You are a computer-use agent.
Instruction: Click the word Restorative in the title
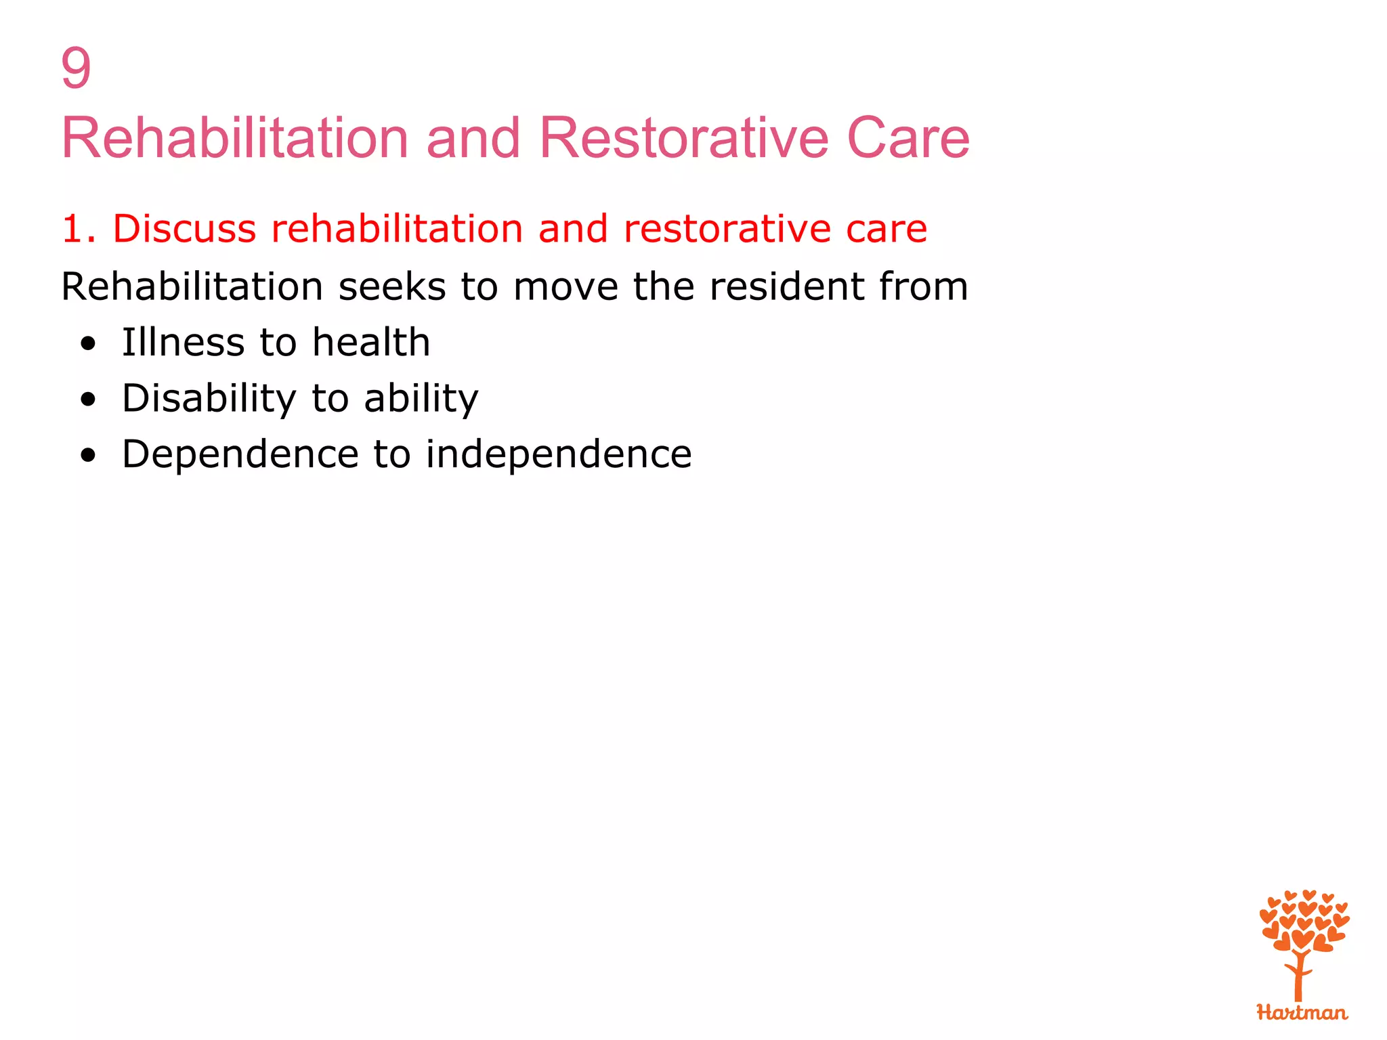[684, 138]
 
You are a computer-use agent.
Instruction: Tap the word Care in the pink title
[908, 138]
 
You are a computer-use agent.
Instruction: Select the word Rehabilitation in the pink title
[234, 138]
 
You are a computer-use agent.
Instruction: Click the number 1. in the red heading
[77, 229]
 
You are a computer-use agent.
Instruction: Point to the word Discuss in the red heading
[184, 229]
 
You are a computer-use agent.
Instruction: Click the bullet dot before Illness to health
[88, 344]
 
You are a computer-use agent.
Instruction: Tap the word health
[371, 343]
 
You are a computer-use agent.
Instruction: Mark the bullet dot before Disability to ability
[88, 400]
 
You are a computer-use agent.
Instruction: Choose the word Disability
[209, 399]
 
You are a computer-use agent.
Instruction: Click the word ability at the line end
[421, 399]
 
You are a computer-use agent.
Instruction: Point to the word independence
[559, 454]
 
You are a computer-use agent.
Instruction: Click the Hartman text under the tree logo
[1302, 1013]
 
